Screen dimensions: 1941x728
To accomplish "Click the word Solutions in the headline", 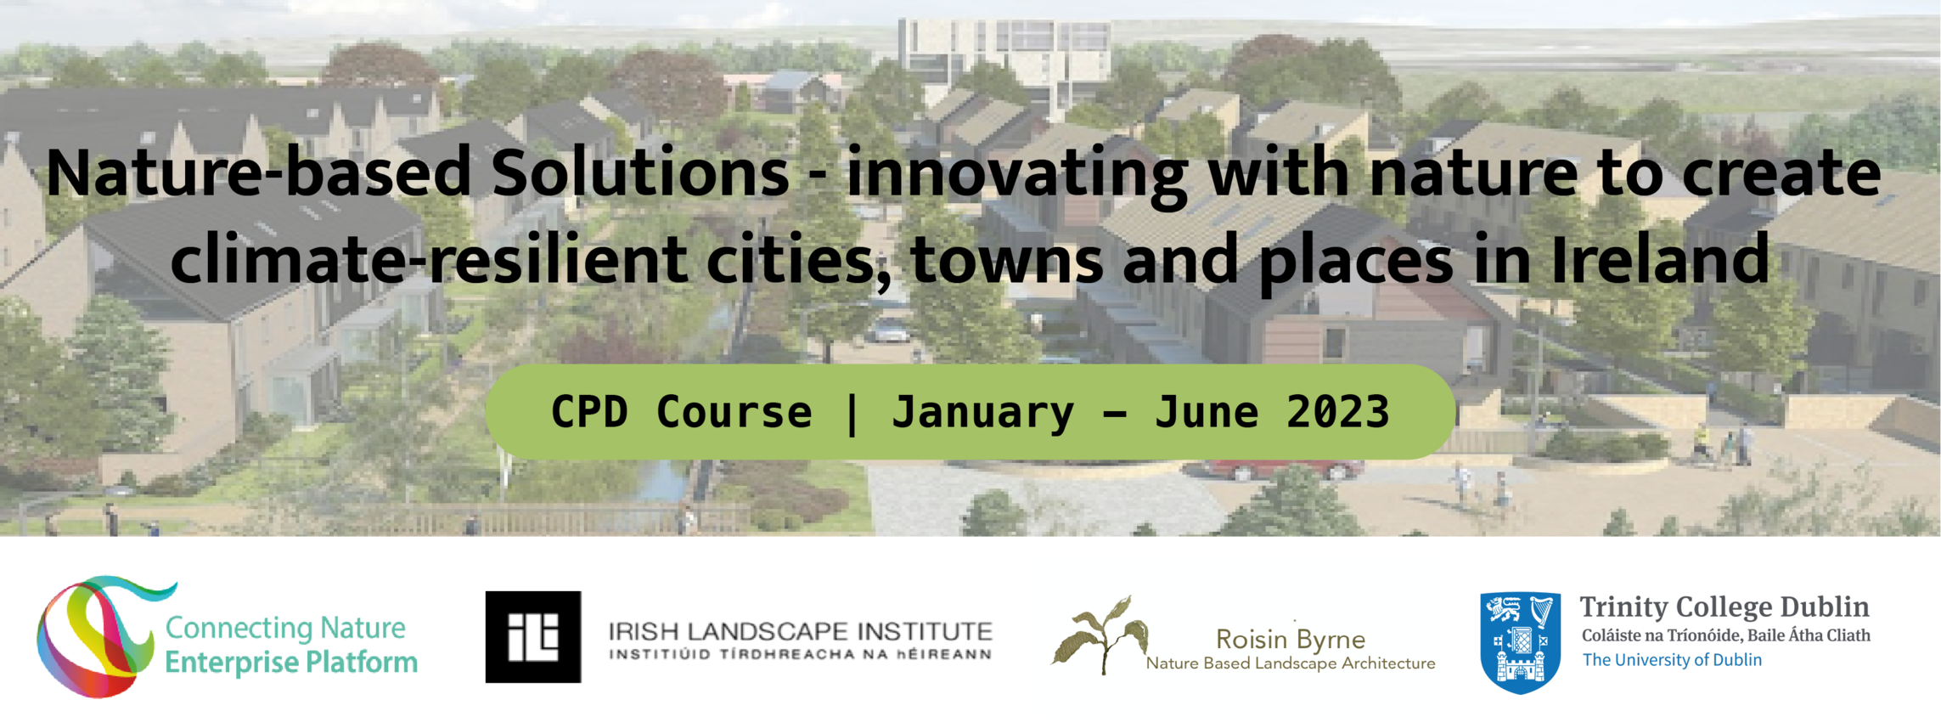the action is tap(640, 172).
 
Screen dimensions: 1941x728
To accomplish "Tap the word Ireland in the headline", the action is tap(1660, 259).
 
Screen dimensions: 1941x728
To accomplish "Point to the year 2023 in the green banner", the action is tap(1338, 412).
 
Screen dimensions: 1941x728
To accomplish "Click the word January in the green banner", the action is tap(982, 414).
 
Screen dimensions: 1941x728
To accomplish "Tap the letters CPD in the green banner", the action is tap(590, 412).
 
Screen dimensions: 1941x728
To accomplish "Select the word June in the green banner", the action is tap(1207, 412).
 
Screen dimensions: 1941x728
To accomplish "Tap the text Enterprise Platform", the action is tap(291, 662).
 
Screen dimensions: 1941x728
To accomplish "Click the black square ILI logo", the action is tap(533, 637).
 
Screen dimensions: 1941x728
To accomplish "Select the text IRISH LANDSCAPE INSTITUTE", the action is tap(800, 631).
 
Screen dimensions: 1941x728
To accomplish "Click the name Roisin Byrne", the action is tap(1291, 639).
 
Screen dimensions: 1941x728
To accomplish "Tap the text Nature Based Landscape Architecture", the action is tap(1291, 663).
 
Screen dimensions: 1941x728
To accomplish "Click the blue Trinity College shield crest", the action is tap(1520, 643).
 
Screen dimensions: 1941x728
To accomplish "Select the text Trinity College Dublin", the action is tap(1724, 607).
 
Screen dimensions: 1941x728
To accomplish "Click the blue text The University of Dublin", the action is tap(1672, 660).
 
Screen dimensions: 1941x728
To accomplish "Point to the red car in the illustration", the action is tap(1282, 469).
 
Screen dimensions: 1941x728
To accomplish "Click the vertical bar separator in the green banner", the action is tap(852, 414).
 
